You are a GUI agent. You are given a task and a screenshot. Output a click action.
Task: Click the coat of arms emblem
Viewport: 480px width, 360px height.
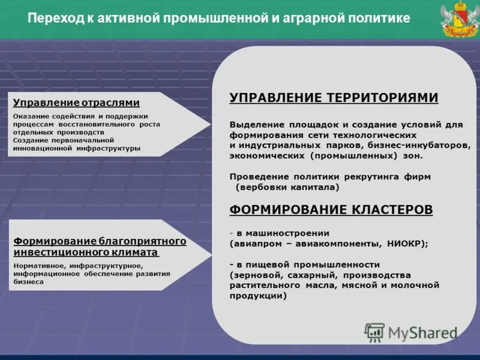(457, 20)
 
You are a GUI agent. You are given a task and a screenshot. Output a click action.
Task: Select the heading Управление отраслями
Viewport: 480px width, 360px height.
(76, 103)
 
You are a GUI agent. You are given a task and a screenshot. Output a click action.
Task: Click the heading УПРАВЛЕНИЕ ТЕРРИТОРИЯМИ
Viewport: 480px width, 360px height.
(334, 98)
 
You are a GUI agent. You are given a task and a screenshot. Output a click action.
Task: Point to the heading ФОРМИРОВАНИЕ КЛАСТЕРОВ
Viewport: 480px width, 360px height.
(331, 209)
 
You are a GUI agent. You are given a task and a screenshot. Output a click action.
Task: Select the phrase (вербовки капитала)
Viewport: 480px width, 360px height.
(287, 187)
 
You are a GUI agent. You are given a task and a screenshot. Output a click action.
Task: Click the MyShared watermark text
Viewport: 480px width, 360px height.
(422, 332)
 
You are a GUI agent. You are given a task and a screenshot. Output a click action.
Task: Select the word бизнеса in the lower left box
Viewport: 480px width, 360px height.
(28, 281)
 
